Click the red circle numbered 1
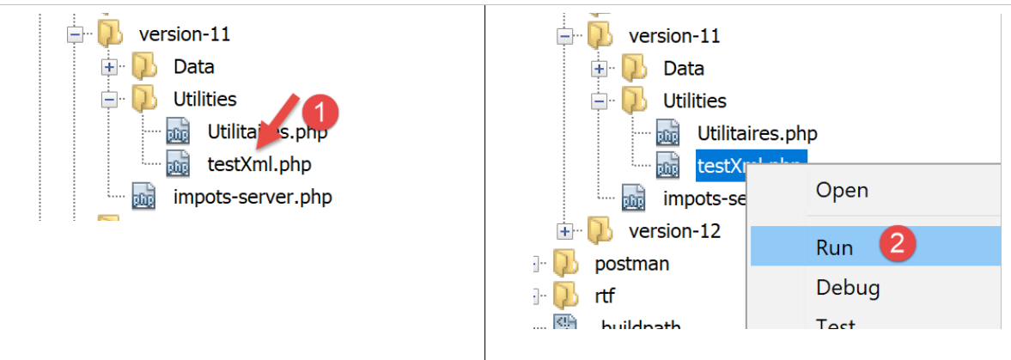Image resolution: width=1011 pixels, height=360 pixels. coord(322,112)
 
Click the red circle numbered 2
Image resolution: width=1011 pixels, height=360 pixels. coord(895,245)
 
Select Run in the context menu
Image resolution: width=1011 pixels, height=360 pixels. coord(834,247)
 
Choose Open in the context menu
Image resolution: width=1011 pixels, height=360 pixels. coord(842,190)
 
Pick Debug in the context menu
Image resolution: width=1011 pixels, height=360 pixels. coord(848,287)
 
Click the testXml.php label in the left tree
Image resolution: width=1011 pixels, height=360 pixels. coord(259,163)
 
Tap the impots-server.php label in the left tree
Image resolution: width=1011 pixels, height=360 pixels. coord(253,197)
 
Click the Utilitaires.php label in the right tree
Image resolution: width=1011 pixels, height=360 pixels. coord(757,133)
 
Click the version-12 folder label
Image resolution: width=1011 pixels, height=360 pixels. coord(674,231)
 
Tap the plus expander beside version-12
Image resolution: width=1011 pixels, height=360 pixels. coord(564,231)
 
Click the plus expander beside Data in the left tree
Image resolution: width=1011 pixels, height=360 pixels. coord(109,66)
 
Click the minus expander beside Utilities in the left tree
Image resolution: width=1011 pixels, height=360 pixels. coord(109,99)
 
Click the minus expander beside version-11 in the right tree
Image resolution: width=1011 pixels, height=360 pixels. coord(564,36)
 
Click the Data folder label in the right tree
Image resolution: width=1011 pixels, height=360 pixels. coord(684,68)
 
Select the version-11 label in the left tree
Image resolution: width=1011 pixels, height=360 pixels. coord(184,34)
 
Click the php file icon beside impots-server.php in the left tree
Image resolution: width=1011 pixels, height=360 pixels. coord(143,197)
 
